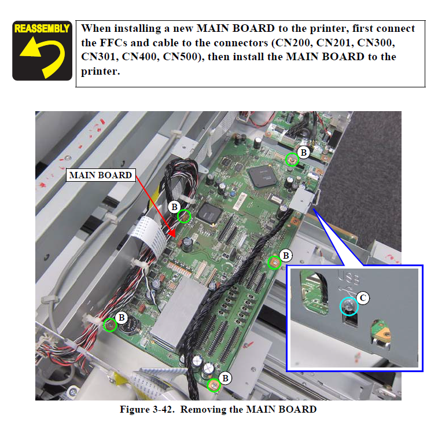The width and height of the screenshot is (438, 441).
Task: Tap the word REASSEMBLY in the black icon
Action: pos(42,28)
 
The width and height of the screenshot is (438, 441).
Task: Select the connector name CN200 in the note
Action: pos(292,43)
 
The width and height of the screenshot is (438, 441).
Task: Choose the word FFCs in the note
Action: pos(113,43)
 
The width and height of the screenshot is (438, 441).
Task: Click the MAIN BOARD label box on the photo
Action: pos(101,175)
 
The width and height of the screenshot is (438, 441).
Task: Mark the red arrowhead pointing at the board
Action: pos(171,233)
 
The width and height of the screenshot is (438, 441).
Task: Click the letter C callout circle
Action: pos(363,297)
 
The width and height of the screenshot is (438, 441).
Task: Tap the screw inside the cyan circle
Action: pos(348,306)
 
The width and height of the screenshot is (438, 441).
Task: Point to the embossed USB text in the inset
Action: pos(348,278)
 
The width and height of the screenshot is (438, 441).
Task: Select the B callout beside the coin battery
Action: pos(122,318)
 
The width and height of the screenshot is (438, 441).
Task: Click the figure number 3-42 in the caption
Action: pos(162,409)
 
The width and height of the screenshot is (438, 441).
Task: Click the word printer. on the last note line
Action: pos(100,71)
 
